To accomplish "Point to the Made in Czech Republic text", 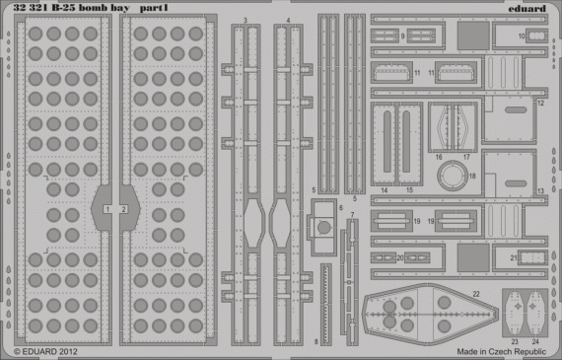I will (501, 350).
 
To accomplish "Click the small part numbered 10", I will (536, 36).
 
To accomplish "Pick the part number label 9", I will (403, 35).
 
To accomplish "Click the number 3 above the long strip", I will (245, 20).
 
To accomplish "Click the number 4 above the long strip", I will (287, 20).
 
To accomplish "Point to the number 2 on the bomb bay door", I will (124, 209).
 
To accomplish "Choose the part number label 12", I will (540, 102).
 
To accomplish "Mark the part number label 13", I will (540, 189).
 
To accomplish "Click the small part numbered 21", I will (528, 258).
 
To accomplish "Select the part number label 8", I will (316, 341).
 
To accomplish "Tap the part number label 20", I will (400, 257).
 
